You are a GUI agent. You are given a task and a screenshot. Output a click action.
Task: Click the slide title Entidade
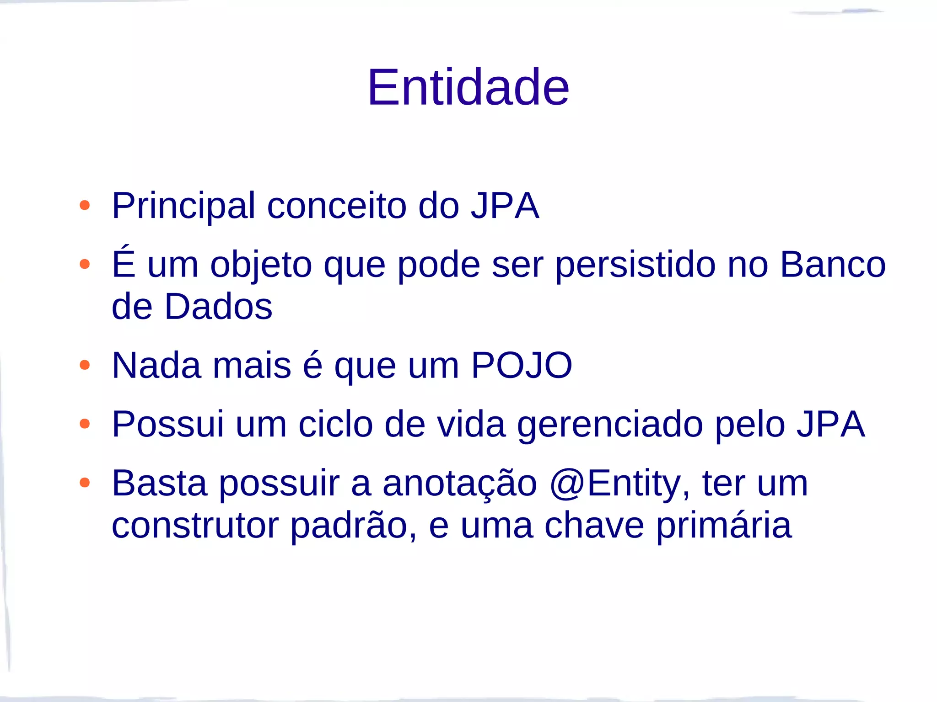pos(468,87)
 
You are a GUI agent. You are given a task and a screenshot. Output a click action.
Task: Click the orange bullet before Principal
pos(85,205)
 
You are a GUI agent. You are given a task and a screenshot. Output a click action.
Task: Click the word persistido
pos(635,265)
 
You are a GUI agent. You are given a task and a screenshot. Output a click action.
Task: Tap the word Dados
pos(219,307)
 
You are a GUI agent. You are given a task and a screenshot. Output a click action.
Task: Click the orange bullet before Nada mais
pos(85,365)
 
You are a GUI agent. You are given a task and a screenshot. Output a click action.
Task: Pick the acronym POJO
pos(522,366)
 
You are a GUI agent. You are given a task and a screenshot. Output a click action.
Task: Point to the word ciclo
pos(336,425)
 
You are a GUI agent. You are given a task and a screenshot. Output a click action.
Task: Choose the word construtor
pos(195,526)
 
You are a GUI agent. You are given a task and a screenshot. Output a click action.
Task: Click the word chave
pos(594,526)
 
